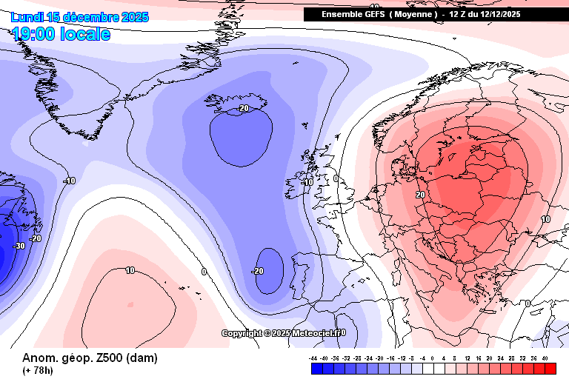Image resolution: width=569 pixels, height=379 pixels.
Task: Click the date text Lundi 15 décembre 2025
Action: pyautogui.click(x=79, y=17)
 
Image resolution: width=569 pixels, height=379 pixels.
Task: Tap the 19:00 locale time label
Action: pyautogui.click(x=61, y=34)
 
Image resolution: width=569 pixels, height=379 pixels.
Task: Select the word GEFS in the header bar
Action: pyautogui.click(x=371, y=14)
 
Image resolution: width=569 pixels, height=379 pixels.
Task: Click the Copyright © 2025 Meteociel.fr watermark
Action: pyautogui.click(x=284, y=333)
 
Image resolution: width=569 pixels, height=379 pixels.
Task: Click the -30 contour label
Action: pyautogui.click(x=19, y=246)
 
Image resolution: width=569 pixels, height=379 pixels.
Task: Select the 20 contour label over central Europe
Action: pyautogui.click(x=420, y=195)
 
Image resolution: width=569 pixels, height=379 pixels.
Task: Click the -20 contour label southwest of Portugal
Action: pyautogui.click(x=257, y=272)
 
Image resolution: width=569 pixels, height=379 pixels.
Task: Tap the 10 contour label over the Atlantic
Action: pyautogui.click(x=130, y=270)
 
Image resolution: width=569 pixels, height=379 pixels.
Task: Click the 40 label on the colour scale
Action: pyautogui.click(x=545, y=358)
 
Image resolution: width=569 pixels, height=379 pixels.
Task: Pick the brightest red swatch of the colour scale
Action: pyautogui.click(x=549, y=368)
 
